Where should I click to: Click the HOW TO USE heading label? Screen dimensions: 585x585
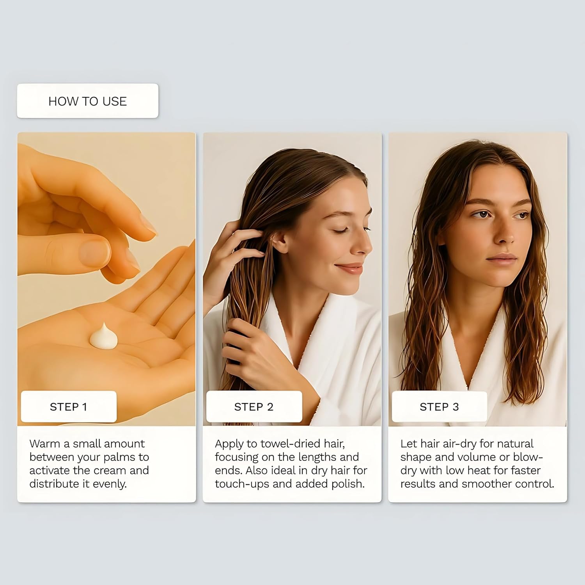(x=87, y=101)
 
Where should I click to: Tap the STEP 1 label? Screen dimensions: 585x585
(x=68, y=407)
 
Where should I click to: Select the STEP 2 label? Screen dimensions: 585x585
(x=254, y=407)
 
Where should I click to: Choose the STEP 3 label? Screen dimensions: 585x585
(x=439, y=407)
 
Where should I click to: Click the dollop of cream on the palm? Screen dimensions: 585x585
(x=104, y=337)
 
